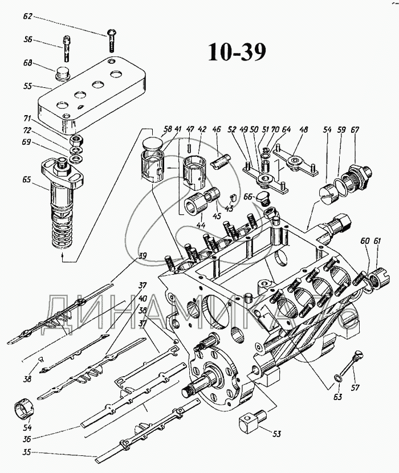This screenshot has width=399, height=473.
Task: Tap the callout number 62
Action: (28, 18)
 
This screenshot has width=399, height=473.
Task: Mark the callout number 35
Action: (26, 454)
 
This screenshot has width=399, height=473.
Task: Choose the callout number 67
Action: (355, 131)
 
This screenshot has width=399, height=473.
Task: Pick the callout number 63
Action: (338, 396)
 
